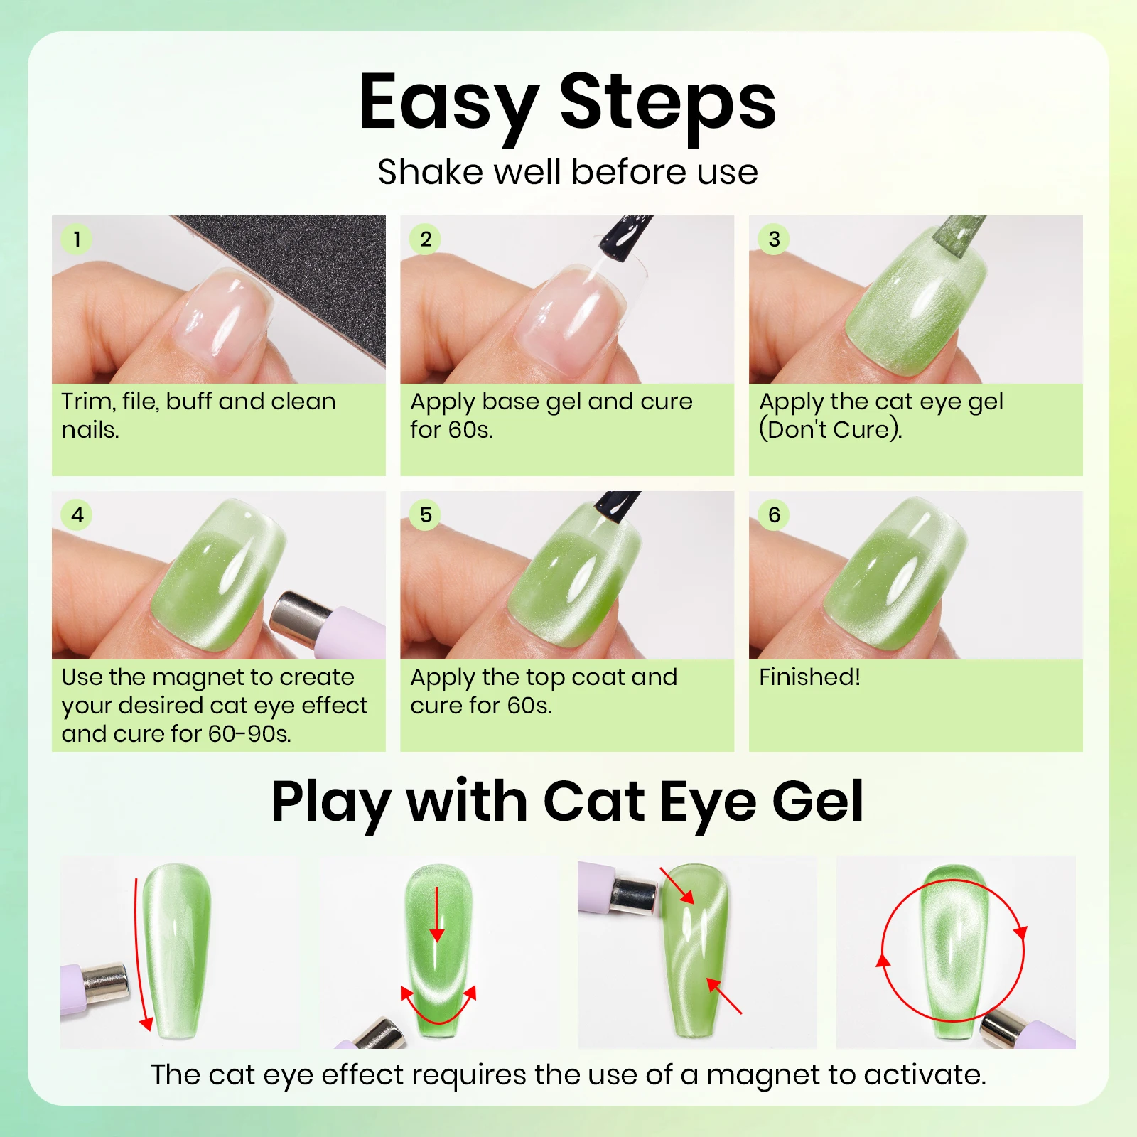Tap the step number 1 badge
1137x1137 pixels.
77,239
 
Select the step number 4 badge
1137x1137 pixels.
77,514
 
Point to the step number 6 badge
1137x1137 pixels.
774,514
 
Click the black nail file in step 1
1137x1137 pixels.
298,284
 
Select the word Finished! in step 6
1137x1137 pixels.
809,677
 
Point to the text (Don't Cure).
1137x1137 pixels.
830,429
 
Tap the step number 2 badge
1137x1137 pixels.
425,239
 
